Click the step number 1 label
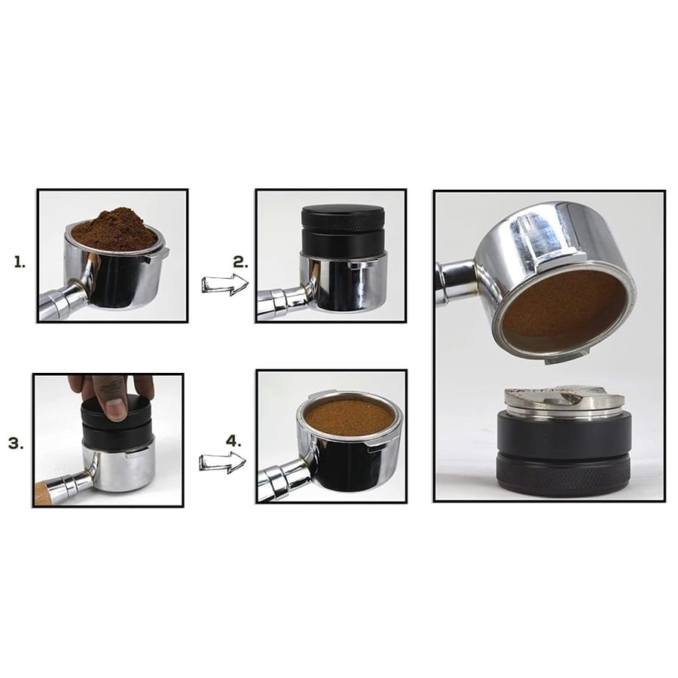(20, 262)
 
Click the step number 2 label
(240, 262)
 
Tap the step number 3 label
(16, 444)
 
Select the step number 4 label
(234, 441)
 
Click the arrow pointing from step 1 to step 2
(224, 284)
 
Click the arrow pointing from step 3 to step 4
(222, 463)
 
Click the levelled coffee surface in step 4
(350, 417)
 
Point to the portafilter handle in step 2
(282, 301)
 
